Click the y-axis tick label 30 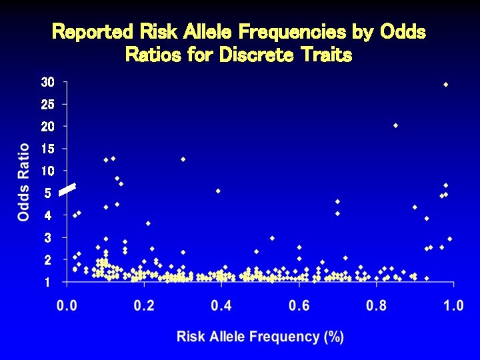[47, 83]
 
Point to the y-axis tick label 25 [47, 105]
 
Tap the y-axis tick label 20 [47, 127]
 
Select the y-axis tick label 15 [47, 149]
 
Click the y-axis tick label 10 [47, 171]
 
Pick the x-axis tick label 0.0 [66, 305]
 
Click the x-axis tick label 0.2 [143, 305]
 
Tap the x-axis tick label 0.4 [221, 305]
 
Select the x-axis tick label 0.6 [299, 305]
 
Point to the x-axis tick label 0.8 [376, 305]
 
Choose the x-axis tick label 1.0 [453, 305]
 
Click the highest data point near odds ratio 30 [445, 85]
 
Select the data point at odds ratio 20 [395, 125]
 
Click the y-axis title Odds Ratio [24, 182]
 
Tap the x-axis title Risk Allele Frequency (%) [260, 337]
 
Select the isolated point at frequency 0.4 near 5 [218, 191]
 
